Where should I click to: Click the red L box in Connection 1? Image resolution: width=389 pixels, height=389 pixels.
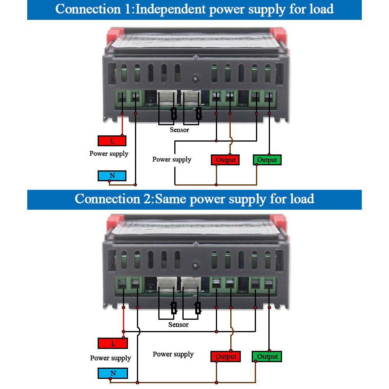[112, 141]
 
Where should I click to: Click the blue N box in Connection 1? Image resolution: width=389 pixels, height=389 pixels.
[112, 176]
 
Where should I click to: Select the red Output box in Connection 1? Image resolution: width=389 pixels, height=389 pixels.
[226, 159]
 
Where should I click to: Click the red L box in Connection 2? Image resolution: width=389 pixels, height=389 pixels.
[113, 343]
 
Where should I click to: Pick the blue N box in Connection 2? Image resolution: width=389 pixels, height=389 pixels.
[113, 373]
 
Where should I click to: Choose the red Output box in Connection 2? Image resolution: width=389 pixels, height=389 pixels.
[226, 356]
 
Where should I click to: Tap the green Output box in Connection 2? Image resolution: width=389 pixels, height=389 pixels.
[267, 356]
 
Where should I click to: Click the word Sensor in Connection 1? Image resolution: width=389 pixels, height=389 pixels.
[179, 130]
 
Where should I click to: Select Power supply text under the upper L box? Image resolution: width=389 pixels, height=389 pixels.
[109, 154]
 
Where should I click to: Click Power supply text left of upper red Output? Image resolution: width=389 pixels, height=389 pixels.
[172, 159]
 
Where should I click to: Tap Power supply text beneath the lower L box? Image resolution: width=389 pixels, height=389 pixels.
[110, 358]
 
